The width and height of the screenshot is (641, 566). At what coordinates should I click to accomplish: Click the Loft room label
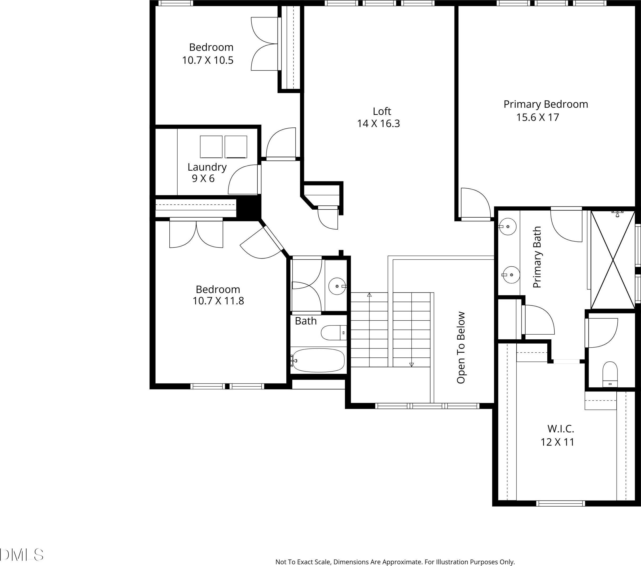[x=382, y=111]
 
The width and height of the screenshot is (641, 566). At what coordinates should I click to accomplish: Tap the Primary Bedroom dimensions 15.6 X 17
[x=538, y=117]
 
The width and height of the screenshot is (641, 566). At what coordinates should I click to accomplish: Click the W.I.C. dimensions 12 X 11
[x=557, y=442]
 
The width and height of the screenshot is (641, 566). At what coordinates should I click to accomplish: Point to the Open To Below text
[x=461, y=348]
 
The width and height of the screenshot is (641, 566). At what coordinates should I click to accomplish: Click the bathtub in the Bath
[x=318, y=360]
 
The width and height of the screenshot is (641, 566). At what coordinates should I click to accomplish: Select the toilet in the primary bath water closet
[x=610, y=374]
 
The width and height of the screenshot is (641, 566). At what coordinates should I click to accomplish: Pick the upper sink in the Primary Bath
[x=507, y=226]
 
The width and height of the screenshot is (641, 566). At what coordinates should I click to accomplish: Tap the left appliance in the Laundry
[x=211, y=146]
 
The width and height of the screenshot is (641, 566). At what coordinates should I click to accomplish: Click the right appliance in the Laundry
[x=236, y=146]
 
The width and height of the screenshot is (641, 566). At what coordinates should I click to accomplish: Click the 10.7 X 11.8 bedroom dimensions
[x=218, y=301]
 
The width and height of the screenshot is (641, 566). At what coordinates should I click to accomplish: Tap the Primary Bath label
[x=537, y=257]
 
